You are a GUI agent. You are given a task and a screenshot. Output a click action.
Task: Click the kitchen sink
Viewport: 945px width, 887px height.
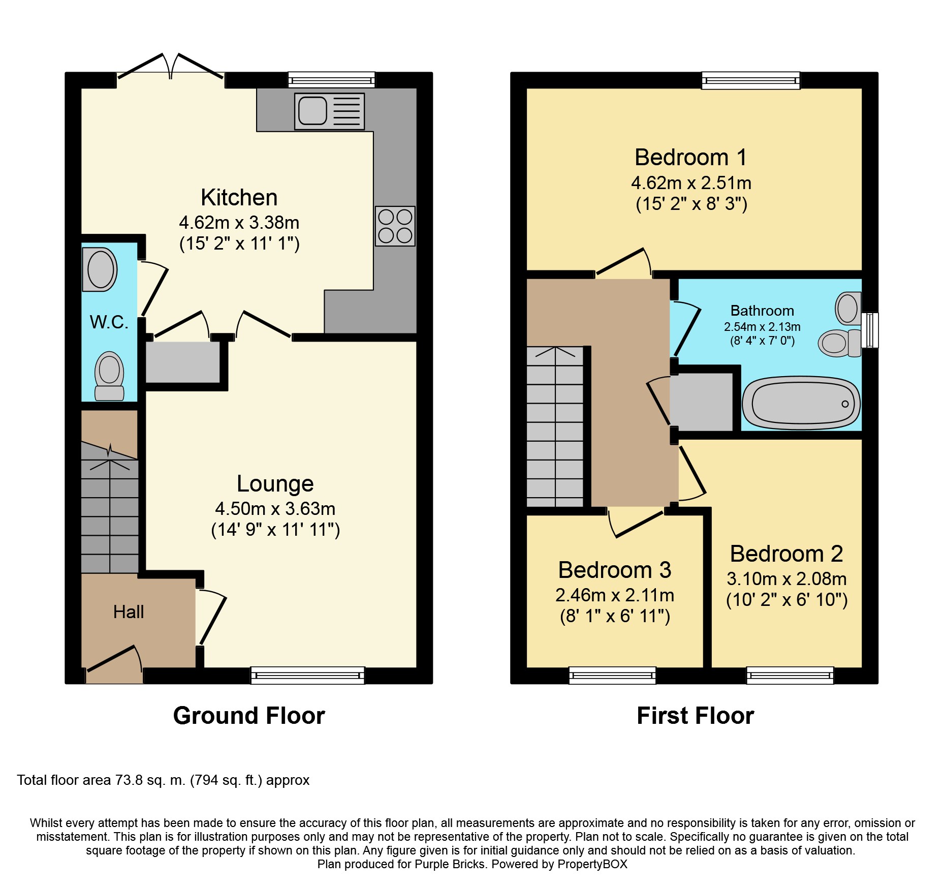point(329,111)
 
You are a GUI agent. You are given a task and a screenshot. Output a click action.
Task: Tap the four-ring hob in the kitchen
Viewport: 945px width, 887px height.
point(395,226)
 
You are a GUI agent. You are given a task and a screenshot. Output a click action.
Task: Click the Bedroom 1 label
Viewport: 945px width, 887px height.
point(691,158)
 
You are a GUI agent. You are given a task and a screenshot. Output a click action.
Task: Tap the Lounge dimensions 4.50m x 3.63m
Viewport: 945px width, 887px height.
point(275,508)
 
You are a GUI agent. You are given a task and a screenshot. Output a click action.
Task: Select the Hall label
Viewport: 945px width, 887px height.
point(129,611)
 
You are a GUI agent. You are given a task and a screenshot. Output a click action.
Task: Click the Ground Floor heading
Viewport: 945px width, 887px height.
point(249,716)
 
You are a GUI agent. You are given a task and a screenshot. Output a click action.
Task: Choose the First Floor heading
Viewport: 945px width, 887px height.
point(696,716)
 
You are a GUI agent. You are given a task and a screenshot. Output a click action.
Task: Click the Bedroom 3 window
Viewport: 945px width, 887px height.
point(612,675)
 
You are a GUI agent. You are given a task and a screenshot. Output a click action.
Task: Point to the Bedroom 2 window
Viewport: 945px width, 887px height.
point(790,675)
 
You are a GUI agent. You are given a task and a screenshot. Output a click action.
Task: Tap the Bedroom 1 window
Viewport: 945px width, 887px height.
point(751,80)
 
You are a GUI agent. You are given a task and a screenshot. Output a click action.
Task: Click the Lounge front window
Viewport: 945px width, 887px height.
point(308,675)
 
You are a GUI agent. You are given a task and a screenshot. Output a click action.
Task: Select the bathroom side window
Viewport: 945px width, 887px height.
point(870,330)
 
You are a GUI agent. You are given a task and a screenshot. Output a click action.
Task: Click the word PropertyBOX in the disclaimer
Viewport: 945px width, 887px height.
point(592,864)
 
